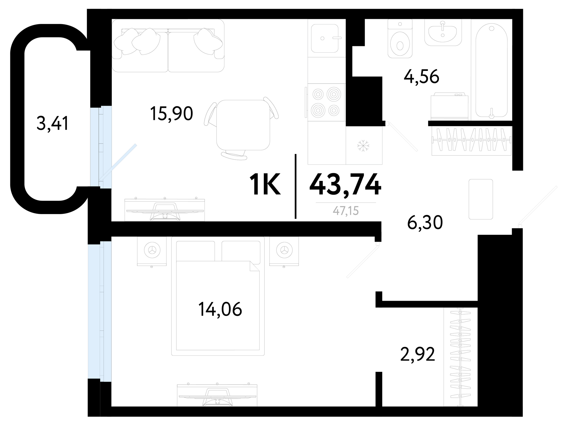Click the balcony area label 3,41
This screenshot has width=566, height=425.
(53, 124)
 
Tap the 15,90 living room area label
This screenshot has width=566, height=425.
(171, 113)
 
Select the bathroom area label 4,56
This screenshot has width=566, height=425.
(421, 76)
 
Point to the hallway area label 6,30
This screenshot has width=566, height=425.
(425, 223)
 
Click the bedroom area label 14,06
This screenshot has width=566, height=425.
(220, 309)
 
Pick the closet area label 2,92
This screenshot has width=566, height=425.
(418, 354)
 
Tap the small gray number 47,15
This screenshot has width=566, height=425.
(346, 211)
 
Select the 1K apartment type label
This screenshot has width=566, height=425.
(265, 184)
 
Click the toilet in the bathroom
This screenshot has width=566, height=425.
(400, 39)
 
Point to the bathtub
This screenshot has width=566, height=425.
(491, 71)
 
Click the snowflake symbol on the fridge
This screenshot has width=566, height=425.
(363, 146)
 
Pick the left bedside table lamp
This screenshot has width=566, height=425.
(152, 250)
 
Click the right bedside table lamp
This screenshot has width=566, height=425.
(284, 250)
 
